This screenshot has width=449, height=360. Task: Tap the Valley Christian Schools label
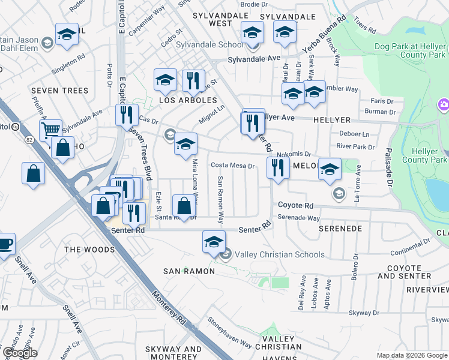coord(279,254)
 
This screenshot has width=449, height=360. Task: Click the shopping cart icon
coord(50,129)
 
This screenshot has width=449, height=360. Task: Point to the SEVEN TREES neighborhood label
coord(60,91)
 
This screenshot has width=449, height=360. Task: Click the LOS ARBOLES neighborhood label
coord(188,100)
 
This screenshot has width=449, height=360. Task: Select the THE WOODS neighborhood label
coord(89,250)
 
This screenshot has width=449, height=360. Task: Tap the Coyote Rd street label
coord(295,205)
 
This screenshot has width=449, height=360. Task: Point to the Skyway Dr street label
coord(364,313)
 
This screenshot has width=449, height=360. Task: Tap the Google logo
coord(19,352)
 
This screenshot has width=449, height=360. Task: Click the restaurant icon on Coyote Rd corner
coord(277,167)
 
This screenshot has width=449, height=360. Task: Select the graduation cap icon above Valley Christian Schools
coord(213,242)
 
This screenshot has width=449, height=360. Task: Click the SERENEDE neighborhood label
coord(340,229)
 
